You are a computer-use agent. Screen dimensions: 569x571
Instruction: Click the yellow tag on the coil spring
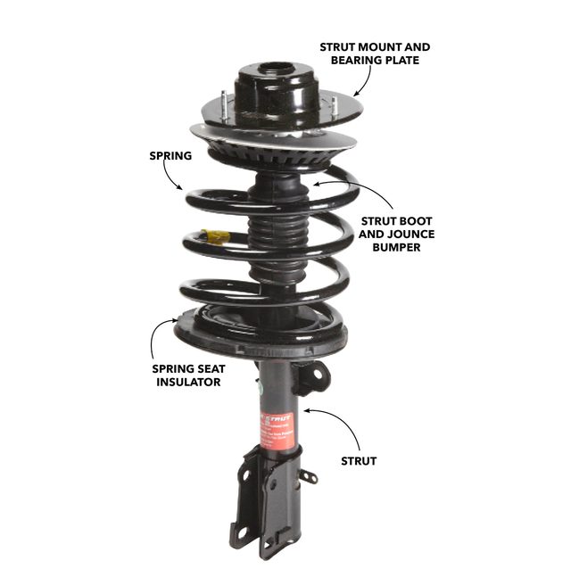coord(215,236)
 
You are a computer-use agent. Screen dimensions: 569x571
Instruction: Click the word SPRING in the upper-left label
coord(170,156)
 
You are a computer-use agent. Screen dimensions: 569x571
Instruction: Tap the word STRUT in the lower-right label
coord(359,461)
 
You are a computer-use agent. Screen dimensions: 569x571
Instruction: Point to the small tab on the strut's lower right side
coord(308,476)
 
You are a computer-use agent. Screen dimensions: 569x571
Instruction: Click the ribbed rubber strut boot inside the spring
coord(267,232)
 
